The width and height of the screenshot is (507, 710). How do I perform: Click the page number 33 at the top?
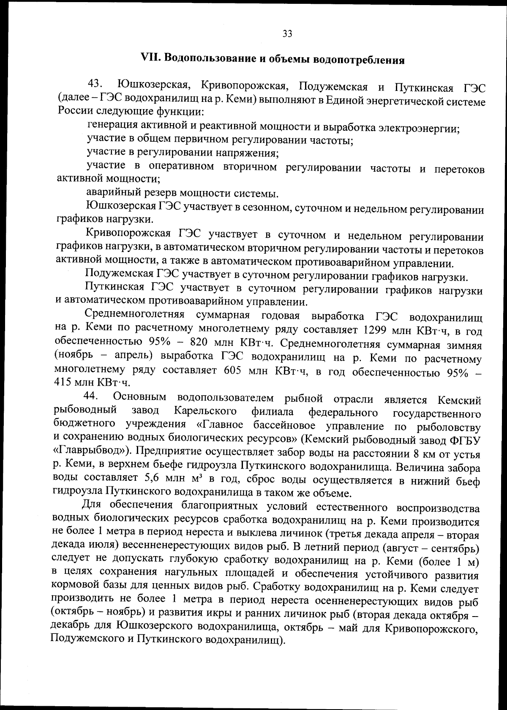[x=287, y=34]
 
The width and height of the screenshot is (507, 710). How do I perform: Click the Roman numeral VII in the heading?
[x=150, y=58]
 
